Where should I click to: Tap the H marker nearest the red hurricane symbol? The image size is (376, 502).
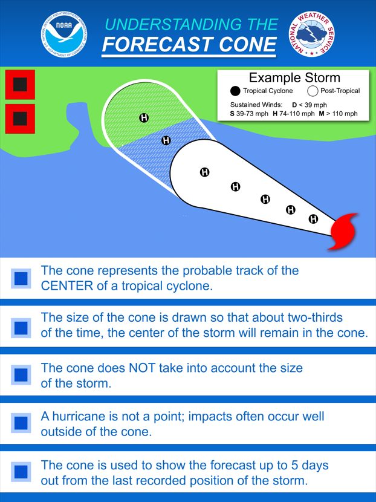pos(313,219)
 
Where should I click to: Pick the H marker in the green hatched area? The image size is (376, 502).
pos(144,117)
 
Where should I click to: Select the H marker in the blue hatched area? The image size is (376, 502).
pos(166,140)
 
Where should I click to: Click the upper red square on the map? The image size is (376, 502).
pos(20,85)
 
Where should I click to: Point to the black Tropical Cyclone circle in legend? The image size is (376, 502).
pos(235,91)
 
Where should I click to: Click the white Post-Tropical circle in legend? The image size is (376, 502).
pos(313,91)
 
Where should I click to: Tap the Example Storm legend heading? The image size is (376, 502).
pos(294,77)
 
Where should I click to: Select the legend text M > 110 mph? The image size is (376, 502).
pos(338,114)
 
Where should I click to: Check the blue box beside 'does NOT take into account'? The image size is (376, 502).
pos(21,375)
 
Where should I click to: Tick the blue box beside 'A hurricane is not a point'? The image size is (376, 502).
pos(21,423)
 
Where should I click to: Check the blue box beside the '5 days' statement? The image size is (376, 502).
pos(21,472)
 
